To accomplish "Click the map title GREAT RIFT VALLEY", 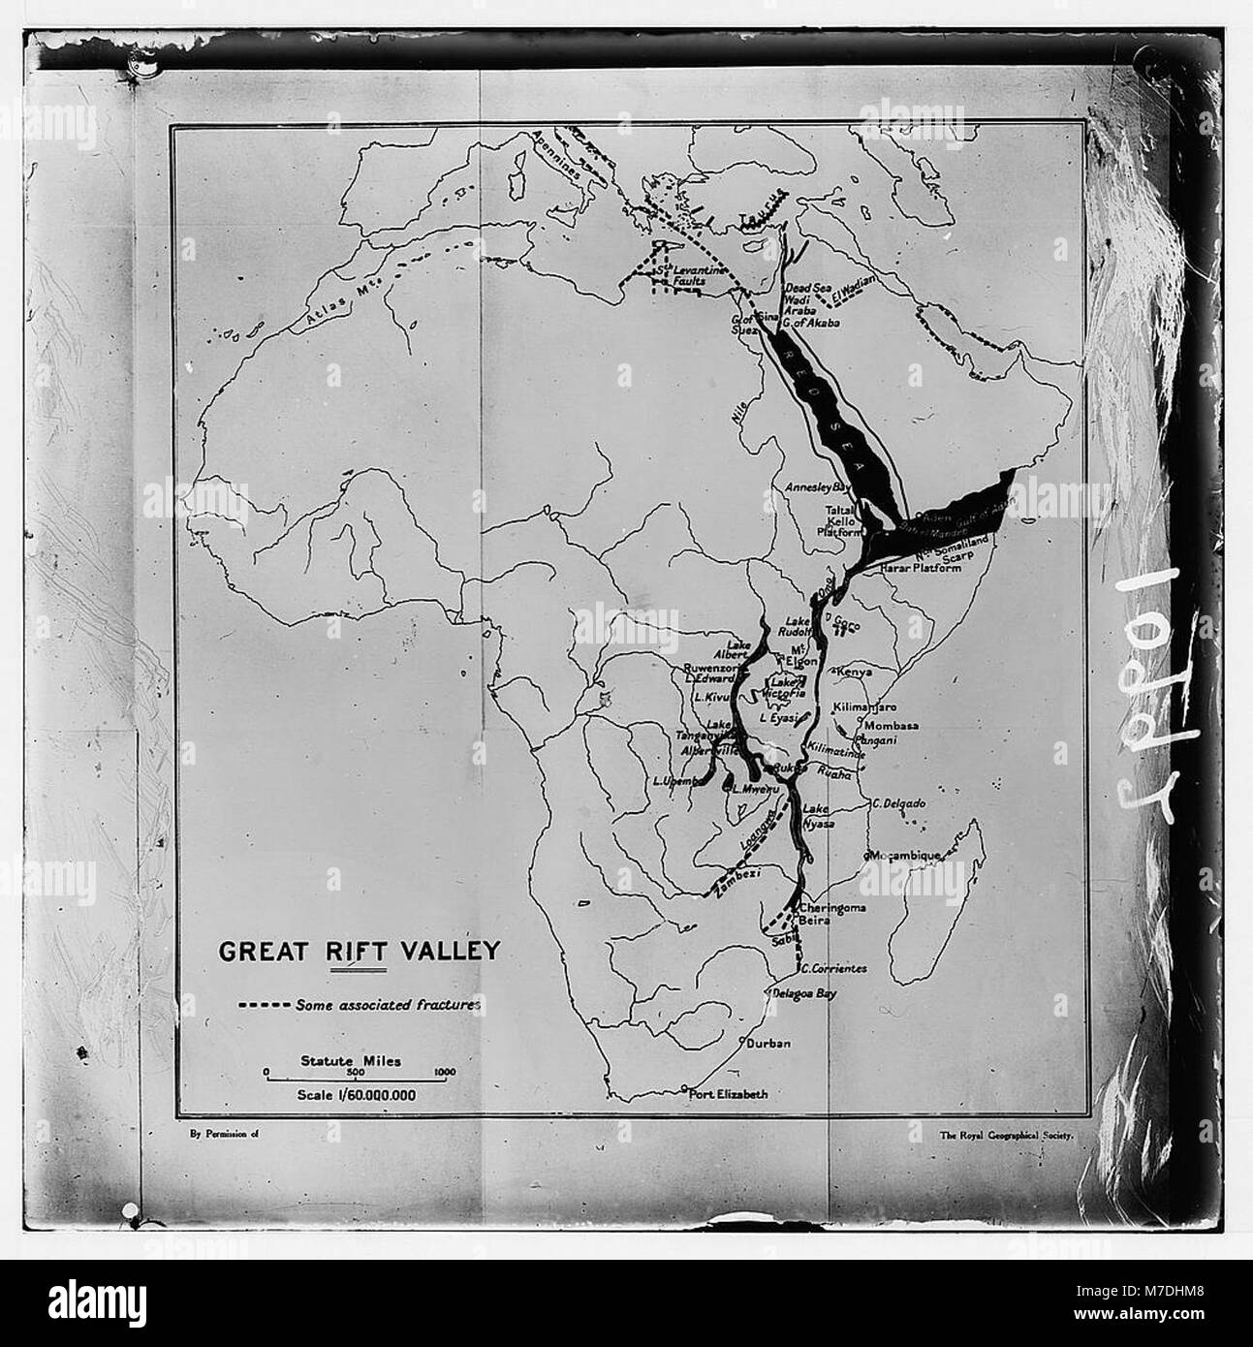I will tap(359, 949).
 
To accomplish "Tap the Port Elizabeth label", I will tap(728, 1094).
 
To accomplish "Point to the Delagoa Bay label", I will tap(803, 993).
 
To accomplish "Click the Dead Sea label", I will tap(807, 288).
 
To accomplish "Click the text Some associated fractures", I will tap(389, 1005).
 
